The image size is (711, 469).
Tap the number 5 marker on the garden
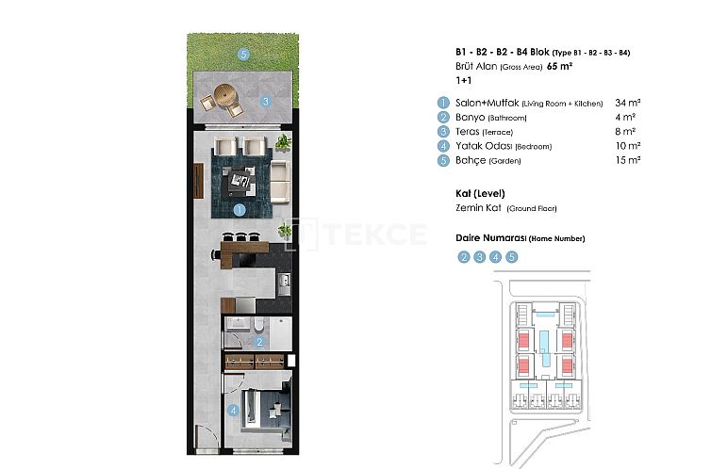(x=242, y=55)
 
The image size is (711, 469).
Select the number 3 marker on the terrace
(x=266, y=102)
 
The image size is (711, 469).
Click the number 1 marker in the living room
(x=240, y=210)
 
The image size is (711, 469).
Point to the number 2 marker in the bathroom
(x=259, y=342)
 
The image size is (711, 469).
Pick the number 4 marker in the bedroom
(x=233, y=409)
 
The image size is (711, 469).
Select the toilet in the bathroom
(x=257, y=325)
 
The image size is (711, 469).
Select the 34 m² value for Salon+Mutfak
(x=627, y=103)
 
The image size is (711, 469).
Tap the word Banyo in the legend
(x=471, y=118)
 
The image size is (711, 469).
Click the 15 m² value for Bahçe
(x=627, y=161)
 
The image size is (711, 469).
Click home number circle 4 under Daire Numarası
(x=496, y=256)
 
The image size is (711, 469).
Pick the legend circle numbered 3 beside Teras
(x=441, y=132)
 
